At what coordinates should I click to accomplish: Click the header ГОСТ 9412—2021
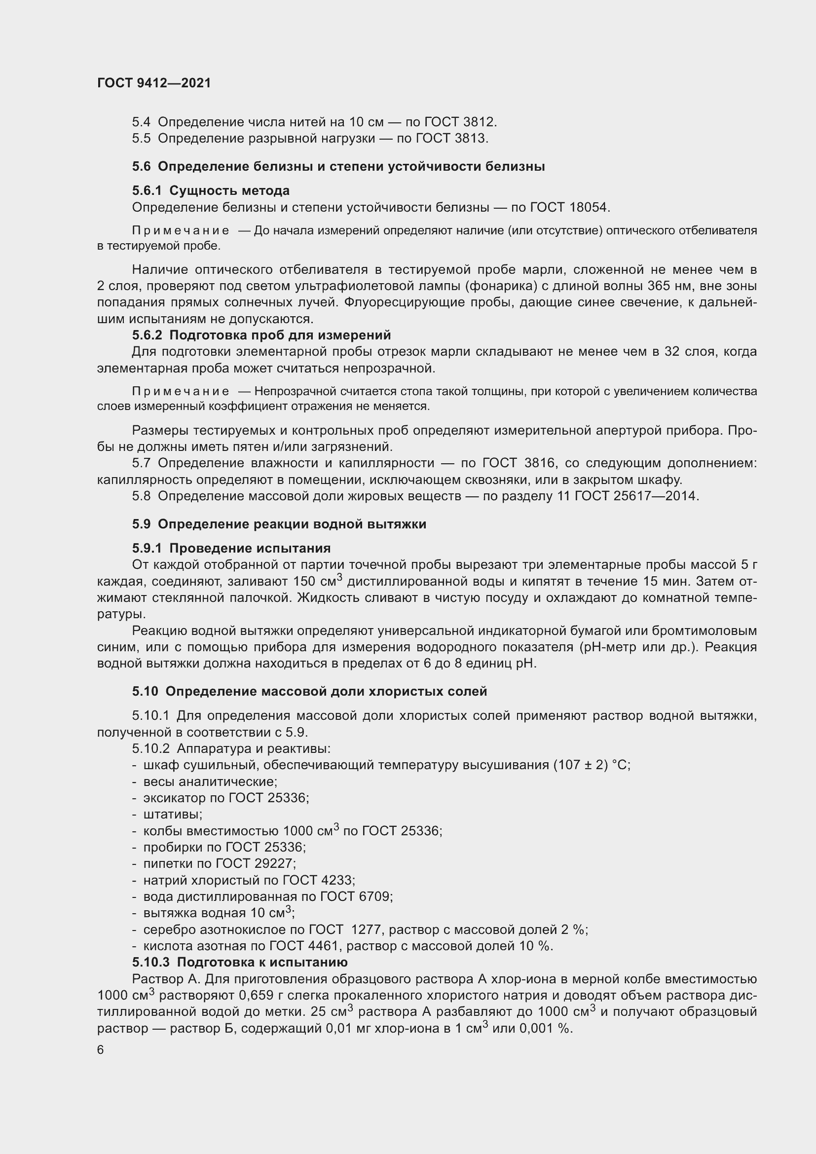click(154, 83)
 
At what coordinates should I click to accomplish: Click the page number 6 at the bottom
click(101, 1049)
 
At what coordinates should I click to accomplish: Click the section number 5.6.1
click(147, 190)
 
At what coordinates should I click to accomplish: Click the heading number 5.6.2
click(147, 335)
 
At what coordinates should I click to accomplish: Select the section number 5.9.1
click(147, 548)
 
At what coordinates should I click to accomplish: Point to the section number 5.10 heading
click(145, 691)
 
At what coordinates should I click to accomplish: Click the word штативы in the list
click(172, 814)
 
